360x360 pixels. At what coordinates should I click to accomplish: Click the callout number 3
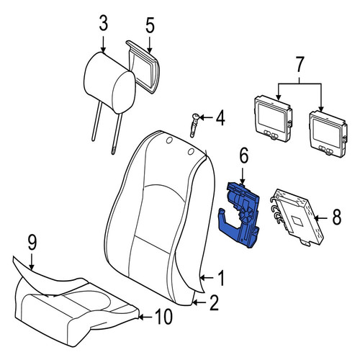[x=104, y=24]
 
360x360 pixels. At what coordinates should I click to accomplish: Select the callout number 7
[x=300, y=64]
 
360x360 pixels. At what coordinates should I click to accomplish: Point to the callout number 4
[x=220, y=118]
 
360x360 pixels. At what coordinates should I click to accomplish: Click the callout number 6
[x=243, y=156]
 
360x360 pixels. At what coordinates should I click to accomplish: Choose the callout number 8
[x=336, y=217]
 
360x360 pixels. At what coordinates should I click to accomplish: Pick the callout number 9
[x=32, y=243]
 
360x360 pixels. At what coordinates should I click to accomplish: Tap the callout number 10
[x=164, y=317]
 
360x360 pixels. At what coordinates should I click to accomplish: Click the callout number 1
[x=220, y=278]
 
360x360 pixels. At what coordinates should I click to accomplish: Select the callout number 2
[x=214, y=303]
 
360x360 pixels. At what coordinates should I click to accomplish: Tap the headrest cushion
[x=109, y=82]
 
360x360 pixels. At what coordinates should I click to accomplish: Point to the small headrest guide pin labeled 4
[x=194, y=125]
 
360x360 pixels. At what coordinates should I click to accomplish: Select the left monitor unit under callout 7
[x=273, y=119]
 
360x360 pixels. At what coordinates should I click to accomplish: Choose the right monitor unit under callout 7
[x=328, y=134]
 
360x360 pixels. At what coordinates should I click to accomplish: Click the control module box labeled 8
[x=297, y=217]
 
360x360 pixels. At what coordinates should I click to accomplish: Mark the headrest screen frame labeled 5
[x=143, y=66]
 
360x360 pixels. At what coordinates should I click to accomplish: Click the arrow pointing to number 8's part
[x=321, y=218]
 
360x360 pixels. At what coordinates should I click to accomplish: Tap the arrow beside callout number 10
[x=145, y=317]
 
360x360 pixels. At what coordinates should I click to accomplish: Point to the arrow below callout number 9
[x=32, y=261]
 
